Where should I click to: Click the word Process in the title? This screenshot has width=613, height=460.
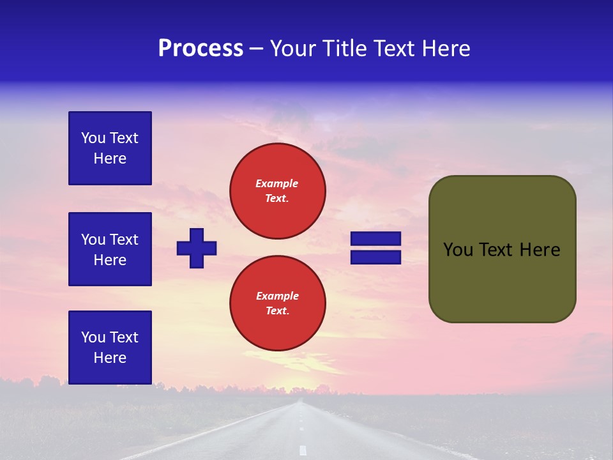pos(201,49)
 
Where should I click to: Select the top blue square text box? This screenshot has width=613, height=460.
pos(110,148)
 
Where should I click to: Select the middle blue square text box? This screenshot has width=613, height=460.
pos(110,249)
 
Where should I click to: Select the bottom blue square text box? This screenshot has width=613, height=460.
pos(110,348)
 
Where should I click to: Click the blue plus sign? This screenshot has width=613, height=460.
pos(197,248)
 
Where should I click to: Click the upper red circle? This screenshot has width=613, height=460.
pos(278,191)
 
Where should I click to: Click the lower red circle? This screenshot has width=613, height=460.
pos(278,303)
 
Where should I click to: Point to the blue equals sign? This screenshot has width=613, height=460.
pos(375,248)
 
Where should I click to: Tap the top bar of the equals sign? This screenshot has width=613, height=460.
pos(375,239)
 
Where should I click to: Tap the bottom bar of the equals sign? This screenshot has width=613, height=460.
pos(375,257)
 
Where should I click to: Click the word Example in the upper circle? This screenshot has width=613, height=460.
pos(277,183)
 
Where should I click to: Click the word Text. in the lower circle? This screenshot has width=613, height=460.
pos(277,311)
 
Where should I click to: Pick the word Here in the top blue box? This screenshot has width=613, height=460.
pos(110,158)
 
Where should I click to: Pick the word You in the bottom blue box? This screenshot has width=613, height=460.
pos(93,337)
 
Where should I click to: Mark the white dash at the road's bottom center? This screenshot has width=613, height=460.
pos(303,450)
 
